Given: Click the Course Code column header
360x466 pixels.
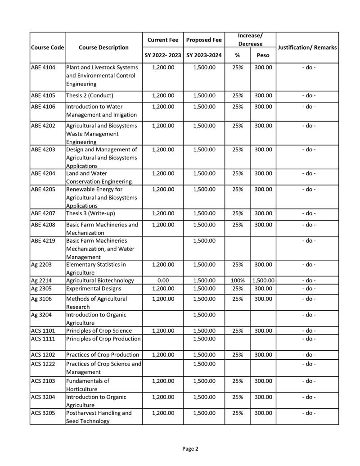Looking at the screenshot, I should coord(47,48).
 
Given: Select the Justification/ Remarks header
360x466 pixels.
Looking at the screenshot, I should coord(307,48).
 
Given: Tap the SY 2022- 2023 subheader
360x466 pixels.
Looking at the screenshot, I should coord(163,55).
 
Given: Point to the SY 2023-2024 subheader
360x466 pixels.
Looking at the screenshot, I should coord(204,55).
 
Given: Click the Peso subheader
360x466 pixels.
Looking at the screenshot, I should coord(263,55).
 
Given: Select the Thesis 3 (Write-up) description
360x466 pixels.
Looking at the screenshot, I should coord(90,213).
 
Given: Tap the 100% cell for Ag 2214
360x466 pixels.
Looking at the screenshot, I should coord(237,281).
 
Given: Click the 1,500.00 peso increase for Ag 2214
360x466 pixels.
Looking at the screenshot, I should coord(263,281).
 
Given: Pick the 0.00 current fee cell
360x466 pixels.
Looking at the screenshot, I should coord(163,281).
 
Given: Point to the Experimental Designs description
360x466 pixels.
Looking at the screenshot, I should coord(94,289).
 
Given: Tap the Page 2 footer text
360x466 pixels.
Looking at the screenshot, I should coord(190,448).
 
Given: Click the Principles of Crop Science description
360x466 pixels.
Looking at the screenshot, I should coord(99,330).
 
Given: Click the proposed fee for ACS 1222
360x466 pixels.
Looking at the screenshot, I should coord(204,364).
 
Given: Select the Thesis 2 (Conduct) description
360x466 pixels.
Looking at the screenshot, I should coord(90,95).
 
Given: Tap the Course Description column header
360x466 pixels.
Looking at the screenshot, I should coord(103,48).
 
